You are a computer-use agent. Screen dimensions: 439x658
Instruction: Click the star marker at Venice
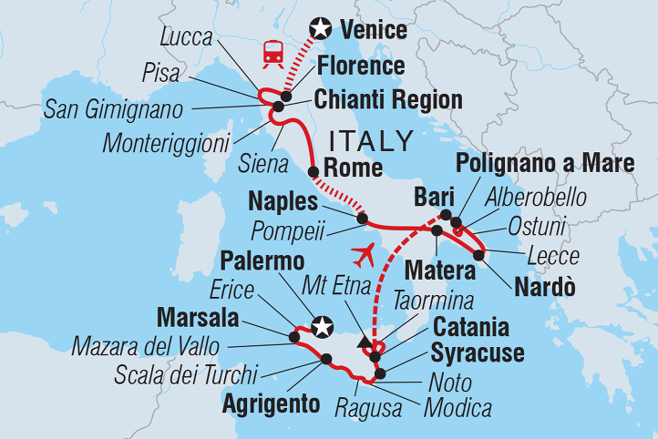click(320, 29)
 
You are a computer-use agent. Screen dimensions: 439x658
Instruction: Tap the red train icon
click(272, 53)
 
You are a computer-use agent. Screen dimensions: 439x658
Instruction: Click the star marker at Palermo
click(320, 324)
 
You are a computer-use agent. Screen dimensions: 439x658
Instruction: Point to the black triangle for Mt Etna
click(365, 343)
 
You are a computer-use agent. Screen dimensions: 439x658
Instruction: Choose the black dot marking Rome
click(314, 171)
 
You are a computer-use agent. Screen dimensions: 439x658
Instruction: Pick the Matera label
click(442, 270)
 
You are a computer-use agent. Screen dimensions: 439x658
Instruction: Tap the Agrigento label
click(270, 402)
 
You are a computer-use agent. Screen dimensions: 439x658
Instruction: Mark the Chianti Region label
click(388, 99)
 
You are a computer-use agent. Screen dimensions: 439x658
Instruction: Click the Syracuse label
click(478, 352)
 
